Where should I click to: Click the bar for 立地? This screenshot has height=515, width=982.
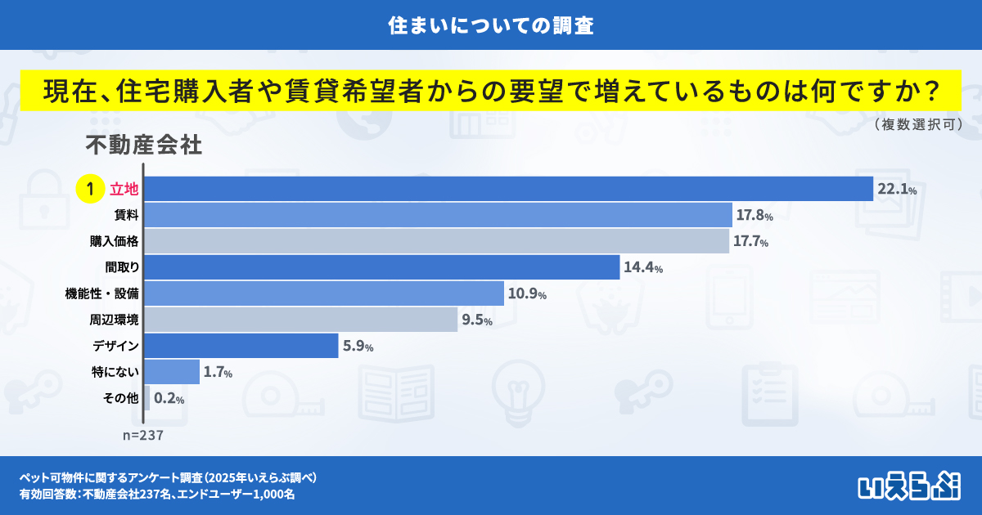(508, 189)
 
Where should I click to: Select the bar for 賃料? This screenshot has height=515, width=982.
(438, 215)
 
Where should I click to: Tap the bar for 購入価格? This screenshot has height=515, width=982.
(436, 241)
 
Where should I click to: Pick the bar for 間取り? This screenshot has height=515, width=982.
(381, 267)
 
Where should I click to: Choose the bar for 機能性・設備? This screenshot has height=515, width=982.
(324, 293)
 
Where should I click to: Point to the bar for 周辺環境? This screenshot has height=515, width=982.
(301, 320)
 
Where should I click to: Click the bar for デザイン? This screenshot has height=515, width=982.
(241, 346)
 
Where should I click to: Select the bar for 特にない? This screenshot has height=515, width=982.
(172, 372)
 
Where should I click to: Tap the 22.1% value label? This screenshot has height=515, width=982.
(896, 190)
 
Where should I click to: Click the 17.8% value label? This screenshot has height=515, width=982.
(754, 216)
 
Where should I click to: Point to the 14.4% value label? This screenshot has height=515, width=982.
(642, 268)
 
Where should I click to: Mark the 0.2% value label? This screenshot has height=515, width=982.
(169, 399)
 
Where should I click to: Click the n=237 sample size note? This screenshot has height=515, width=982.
(143, 436)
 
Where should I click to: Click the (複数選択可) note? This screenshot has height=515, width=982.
(917, 124)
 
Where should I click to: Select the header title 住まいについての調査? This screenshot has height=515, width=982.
(491, 25)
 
